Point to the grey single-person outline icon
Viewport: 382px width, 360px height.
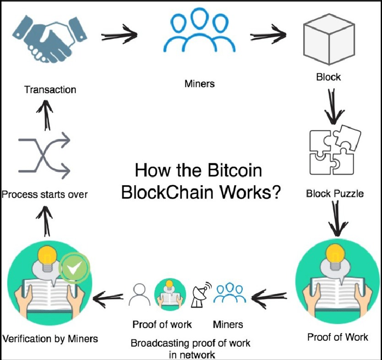[x=138, y=295]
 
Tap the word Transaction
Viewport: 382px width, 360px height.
[x=50, y=89]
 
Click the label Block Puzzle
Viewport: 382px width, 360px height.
[x=335, y=194]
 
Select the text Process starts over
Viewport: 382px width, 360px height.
[x=44, y=194]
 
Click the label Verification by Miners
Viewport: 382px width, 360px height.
[x=50, y=339]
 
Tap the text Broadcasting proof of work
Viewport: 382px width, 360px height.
[x=191, y=343]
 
